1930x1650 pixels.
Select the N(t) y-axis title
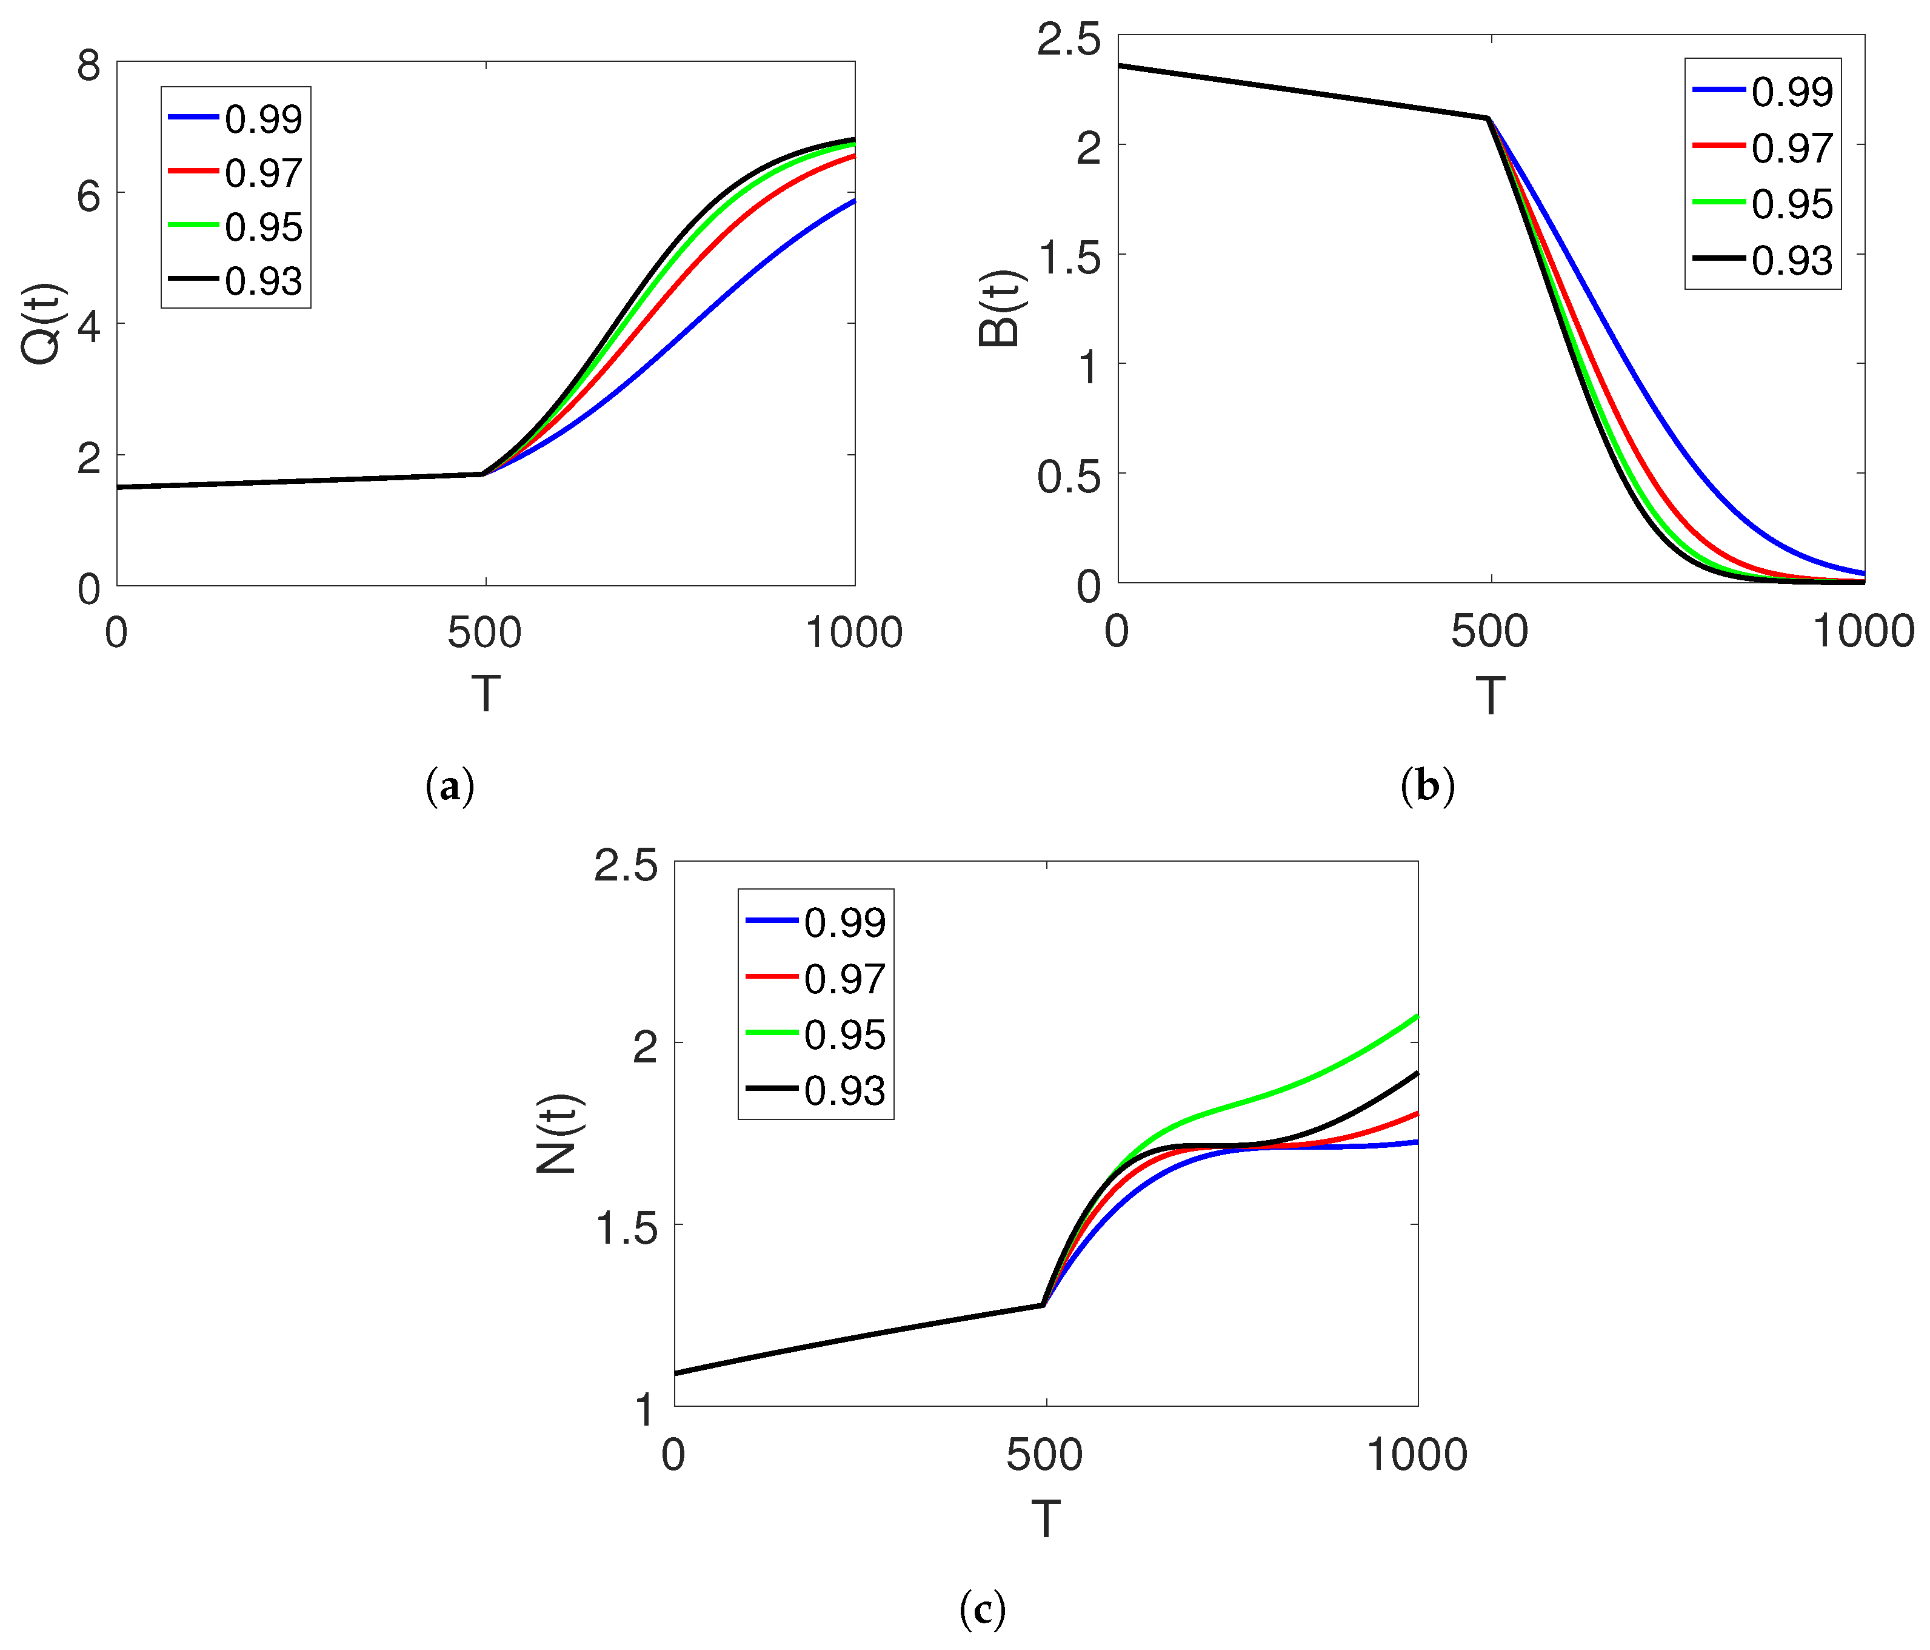pos(558,1134)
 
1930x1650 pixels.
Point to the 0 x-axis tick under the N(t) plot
pos(673,1454)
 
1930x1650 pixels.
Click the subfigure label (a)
pos(450,787)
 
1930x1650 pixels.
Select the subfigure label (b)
pos(1427,787)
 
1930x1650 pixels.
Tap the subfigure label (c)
pos(982,1609)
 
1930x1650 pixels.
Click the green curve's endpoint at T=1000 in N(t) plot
pos(1417,1016)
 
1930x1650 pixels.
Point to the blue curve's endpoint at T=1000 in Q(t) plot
pos(853,200)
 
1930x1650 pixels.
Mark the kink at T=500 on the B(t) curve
pos(1488,118)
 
